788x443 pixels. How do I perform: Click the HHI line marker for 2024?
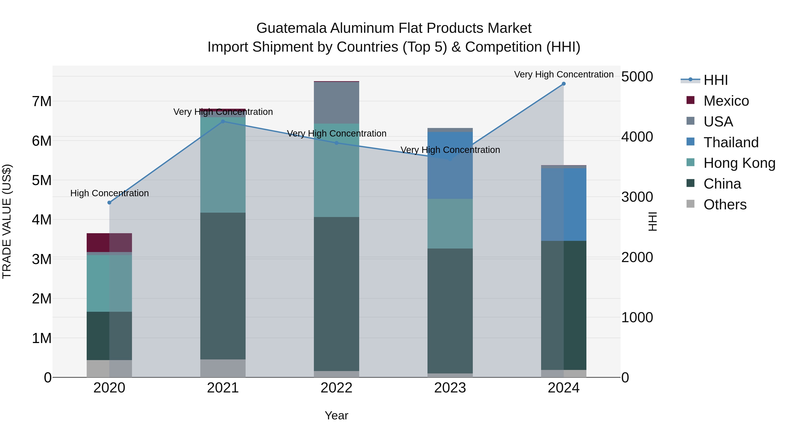563,84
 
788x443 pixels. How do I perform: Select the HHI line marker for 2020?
109,202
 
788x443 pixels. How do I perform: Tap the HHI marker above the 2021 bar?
223,121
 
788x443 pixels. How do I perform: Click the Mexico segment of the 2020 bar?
109,242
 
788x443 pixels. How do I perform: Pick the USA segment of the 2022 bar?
336,103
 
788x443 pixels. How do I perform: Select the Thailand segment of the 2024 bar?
563,204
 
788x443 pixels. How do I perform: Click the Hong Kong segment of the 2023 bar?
450,224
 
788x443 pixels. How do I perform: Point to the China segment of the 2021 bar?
223,286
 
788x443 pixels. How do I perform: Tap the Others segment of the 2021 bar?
223,368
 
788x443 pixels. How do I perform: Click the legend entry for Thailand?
731,142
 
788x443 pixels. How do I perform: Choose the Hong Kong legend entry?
739,163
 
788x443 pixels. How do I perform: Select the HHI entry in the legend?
715,80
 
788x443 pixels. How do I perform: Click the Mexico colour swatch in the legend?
690,100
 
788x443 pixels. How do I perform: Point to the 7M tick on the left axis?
42,101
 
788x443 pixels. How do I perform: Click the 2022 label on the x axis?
336,388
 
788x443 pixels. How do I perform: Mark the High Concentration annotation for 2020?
109,193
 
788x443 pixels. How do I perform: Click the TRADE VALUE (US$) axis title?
7,221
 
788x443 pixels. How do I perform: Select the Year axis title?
336,415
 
